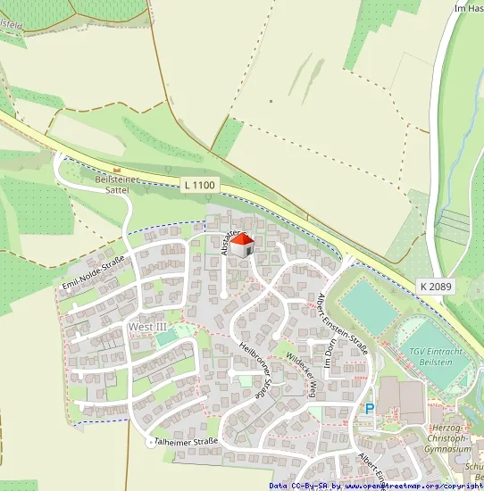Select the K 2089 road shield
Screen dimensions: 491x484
point(433,286)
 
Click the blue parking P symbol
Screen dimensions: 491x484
point(368,409)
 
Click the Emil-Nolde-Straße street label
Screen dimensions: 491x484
point(92,272)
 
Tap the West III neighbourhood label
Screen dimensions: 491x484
point(147,327)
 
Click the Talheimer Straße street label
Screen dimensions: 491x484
point(186,442)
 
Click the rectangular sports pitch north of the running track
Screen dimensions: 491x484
point(368,304)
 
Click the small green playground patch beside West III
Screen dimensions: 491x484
point(184,330)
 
